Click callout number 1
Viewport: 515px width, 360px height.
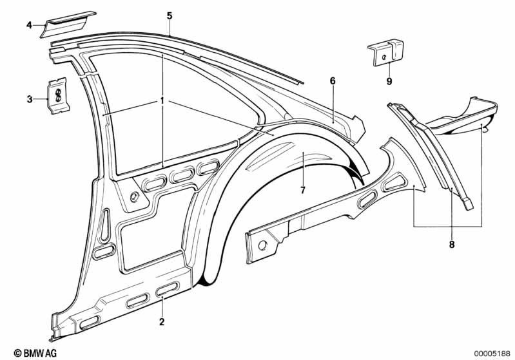[x=162, y=101]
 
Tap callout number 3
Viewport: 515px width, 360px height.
[x=30, y=99]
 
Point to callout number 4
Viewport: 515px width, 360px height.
[x=29, y=25]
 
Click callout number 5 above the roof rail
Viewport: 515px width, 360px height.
[x=170, y=15]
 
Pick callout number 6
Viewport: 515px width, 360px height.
[x=333, y=81]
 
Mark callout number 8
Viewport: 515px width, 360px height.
[x=451, y=244]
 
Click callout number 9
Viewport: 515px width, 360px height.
[x=389, y=81]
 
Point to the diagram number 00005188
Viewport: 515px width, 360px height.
[x=492, y=353]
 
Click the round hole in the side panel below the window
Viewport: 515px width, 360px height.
[x=133, y=196]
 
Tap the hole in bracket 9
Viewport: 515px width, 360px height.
[x=385, y=57]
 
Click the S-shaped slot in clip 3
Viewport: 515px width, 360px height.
[x=57, y=95]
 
